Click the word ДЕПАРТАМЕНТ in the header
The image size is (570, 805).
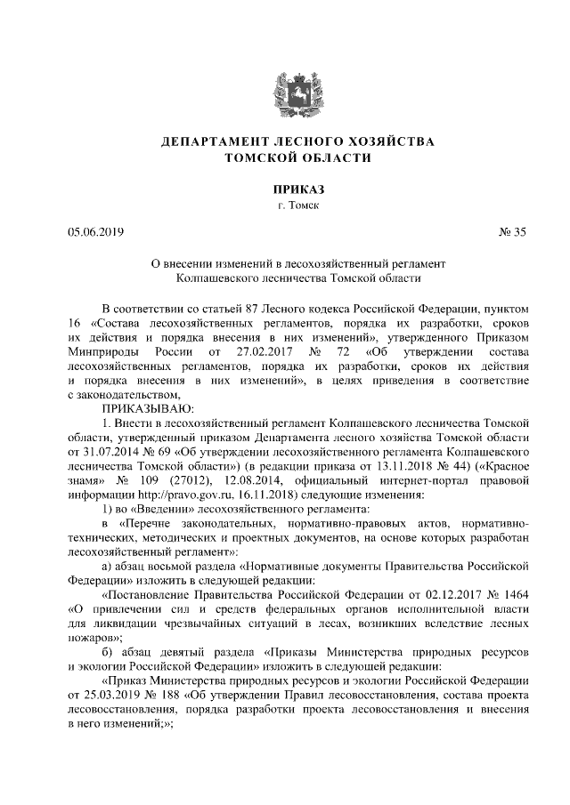click(206, 142)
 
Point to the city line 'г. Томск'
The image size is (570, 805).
click(285, 206)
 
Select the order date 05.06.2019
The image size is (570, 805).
click(95, 233)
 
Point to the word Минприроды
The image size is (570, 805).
click(99, 350)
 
